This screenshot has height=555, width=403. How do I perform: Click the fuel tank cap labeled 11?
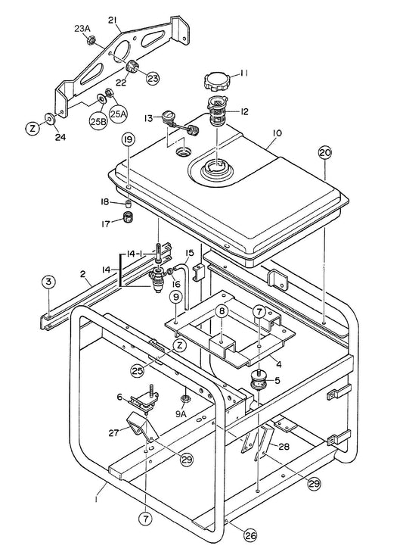(216, 82)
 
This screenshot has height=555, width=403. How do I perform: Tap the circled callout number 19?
(129, 139)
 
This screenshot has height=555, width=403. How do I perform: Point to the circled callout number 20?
(325, 152)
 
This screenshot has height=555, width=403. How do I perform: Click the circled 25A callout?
(119, 114)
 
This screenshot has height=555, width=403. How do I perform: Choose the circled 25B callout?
(98, 121)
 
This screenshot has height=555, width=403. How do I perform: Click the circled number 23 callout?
(153, 79)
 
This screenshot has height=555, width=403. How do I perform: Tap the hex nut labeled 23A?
(91, 40)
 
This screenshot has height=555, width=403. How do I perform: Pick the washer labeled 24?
(49, 118)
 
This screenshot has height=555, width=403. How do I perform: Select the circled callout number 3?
(49, 282)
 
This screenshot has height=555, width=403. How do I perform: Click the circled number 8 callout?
(222, 311)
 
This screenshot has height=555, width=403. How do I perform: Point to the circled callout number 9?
(176, 298)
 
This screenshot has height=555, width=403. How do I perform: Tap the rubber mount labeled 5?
(259, 381)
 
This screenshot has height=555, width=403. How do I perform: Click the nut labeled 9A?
(184, 399)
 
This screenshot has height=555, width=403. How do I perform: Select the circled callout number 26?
(250, 536)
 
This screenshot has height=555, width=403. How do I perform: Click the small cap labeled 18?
(128, 204)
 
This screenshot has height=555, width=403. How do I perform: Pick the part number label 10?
(277, 133)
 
